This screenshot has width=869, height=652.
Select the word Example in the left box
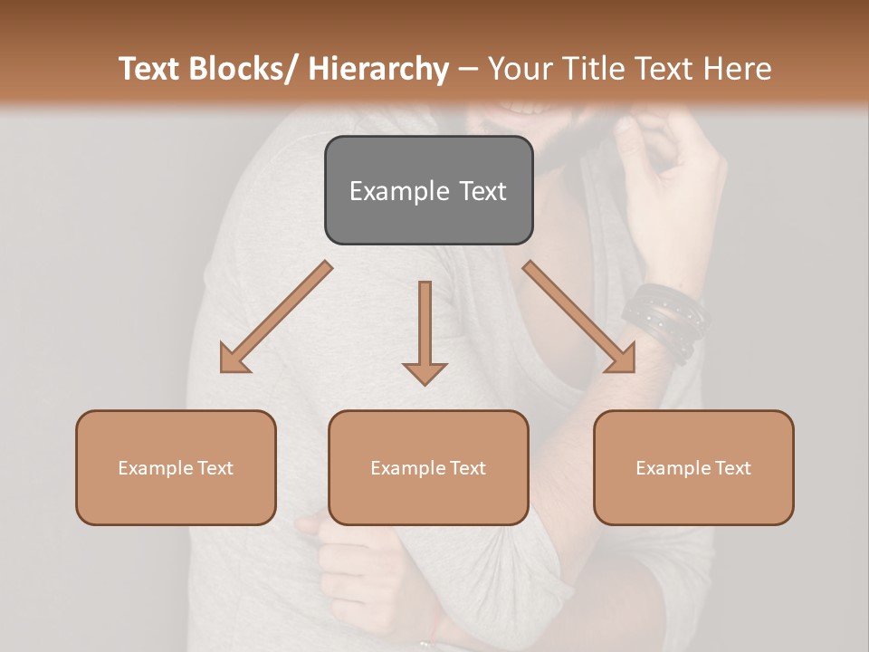pyautogui.click(x=156, y=468)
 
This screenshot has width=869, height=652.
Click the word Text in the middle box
pyautogui.click(x=466, y=468)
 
